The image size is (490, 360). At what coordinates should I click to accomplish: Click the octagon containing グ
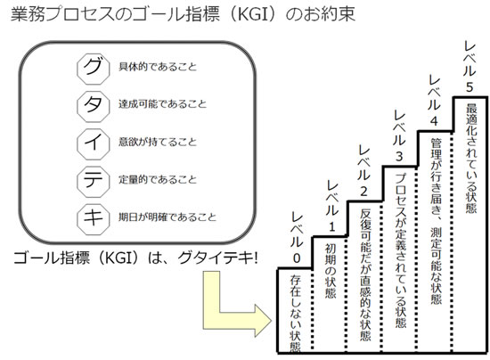(94, 69)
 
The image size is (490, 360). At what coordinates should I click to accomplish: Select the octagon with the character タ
(94, 106)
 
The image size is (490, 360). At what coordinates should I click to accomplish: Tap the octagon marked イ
(94, 143)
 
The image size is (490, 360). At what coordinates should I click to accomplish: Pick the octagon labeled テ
(94, 181)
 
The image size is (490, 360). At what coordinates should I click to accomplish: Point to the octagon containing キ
(94, 218)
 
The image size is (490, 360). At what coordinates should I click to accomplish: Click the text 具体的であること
(158, 67)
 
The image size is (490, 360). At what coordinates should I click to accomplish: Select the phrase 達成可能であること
(162, 104)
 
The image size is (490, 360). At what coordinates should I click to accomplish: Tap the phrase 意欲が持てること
(158, 142)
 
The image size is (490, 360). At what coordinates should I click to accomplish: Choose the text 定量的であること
(158, 179)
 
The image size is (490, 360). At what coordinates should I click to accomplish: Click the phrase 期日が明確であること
(167, 217)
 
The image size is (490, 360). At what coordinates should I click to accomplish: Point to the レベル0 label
(297, 237)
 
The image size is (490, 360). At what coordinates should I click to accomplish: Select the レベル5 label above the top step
(470, 67)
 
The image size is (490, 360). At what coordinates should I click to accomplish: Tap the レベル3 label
(399, 135)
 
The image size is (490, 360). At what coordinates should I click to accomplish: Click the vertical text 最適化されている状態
(471, 159)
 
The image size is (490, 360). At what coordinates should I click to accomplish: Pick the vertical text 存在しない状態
(295, 314)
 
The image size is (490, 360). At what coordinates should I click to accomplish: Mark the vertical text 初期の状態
(331, 271)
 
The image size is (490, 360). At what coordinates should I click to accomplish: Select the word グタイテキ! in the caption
(217, 258)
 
